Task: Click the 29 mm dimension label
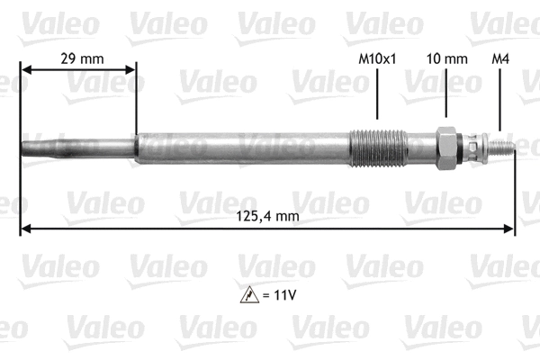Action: click(x=80, y=58)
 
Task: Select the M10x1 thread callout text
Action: click(x=377, y=58)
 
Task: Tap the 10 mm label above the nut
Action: click(x=447, y=58)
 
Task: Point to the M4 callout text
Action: click(x=501, y=58)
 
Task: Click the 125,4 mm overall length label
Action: click(x=266, y=216)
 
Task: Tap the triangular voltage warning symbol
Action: click(x=248, y=292)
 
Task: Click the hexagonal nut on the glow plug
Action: click(x=445, y=146)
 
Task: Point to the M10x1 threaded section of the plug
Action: click(x=377, y=147)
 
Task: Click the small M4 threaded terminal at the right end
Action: click(x=500, y=146)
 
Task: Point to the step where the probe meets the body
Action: click(x=136, y=147)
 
